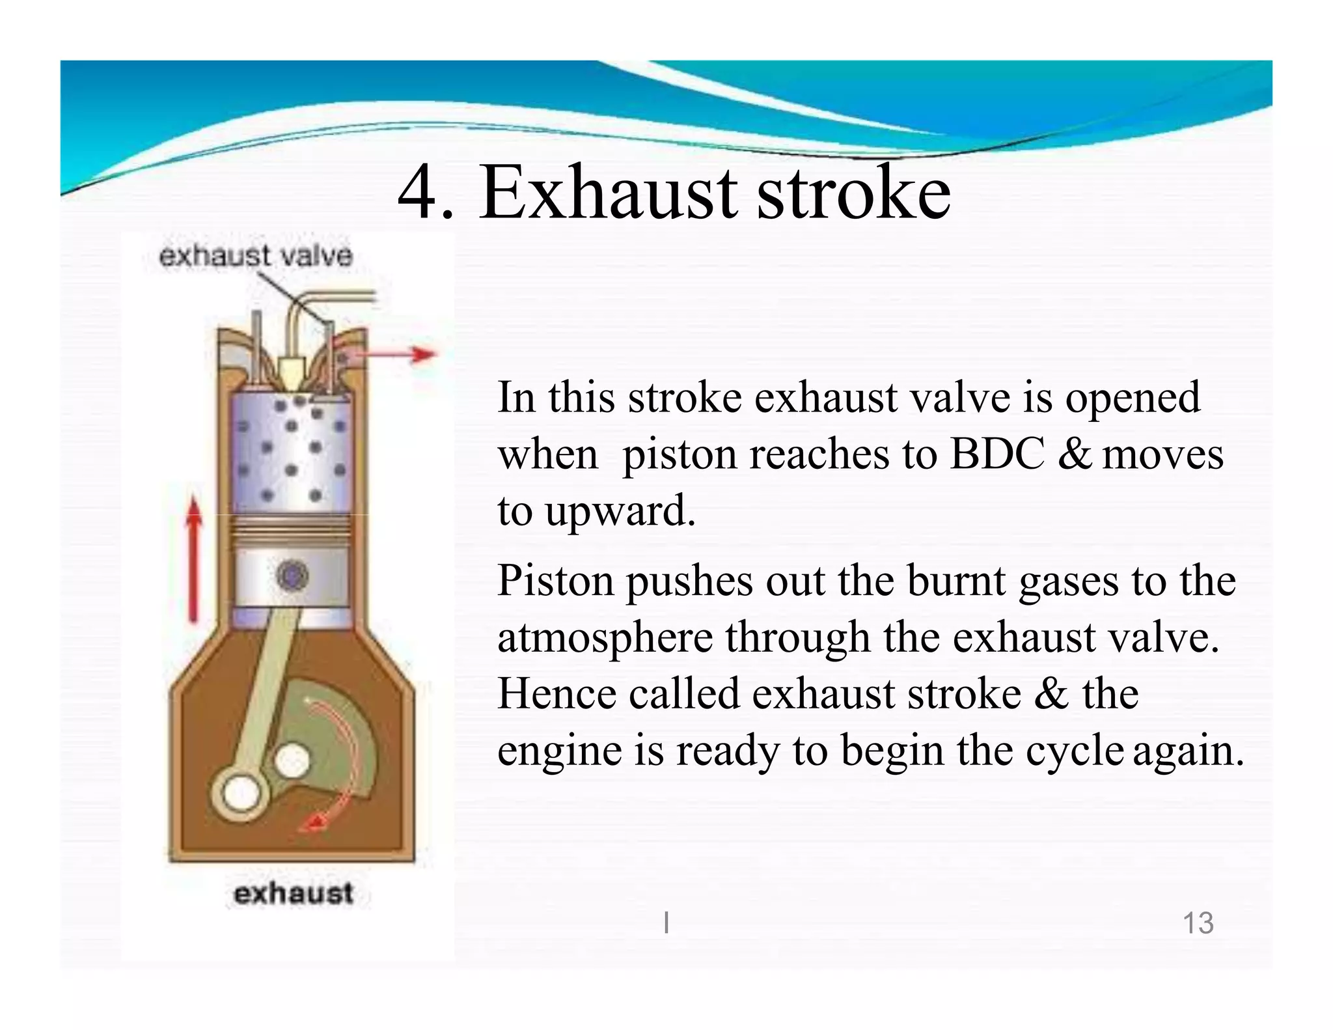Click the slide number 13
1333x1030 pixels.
1198,923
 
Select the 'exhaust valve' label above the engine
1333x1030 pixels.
255,256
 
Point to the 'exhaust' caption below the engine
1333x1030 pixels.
293,893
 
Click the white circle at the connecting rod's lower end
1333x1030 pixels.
241,792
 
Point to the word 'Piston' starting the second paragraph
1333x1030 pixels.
555,581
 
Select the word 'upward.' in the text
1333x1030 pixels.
620,511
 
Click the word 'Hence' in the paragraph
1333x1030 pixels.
557,693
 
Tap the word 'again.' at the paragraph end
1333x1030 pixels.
1188,751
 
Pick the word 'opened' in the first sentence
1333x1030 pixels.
1133,397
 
